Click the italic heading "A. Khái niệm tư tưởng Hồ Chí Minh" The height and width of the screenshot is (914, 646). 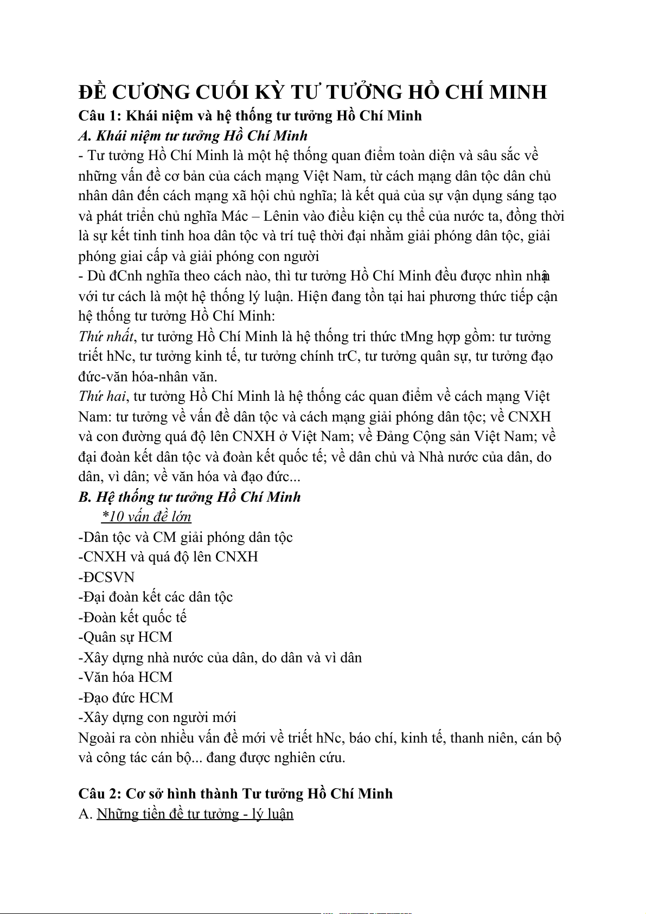point(193,136)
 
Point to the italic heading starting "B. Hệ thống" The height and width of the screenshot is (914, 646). point(189,497)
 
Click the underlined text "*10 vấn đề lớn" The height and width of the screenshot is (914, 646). point(146,517)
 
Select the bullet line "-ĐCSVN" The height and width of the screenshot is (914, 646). point(106,577)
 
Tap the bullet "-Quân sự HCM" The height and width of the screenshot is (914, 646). point(125,637)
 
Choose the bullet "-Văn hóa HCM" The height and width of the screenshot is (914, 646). point(125,677)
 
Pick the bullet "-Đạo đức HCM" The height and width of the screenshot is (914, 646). point(126,698)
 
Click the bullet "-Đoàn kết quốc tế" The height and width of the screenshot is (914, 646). point(132,617)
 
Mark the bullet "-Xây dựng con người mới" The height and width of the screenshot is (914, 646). point(157,718)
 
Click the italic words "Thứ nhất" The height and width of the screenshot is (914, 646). point(106,337)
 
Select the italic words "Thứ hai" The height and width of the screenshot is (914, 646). point(102,397)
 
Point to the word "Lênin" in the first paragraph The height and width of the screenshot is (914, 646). point(281,216)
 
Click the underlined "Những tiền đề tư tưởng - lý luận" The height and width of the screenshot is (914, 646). point(195,814)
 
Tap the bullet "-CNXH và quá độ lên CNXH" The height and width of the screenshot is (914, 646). point(168,557)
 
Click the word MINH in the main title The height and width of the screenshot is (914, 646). point(518,92)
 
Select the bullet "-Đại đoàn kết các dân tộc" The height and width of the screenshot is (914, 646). point(156,597)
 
